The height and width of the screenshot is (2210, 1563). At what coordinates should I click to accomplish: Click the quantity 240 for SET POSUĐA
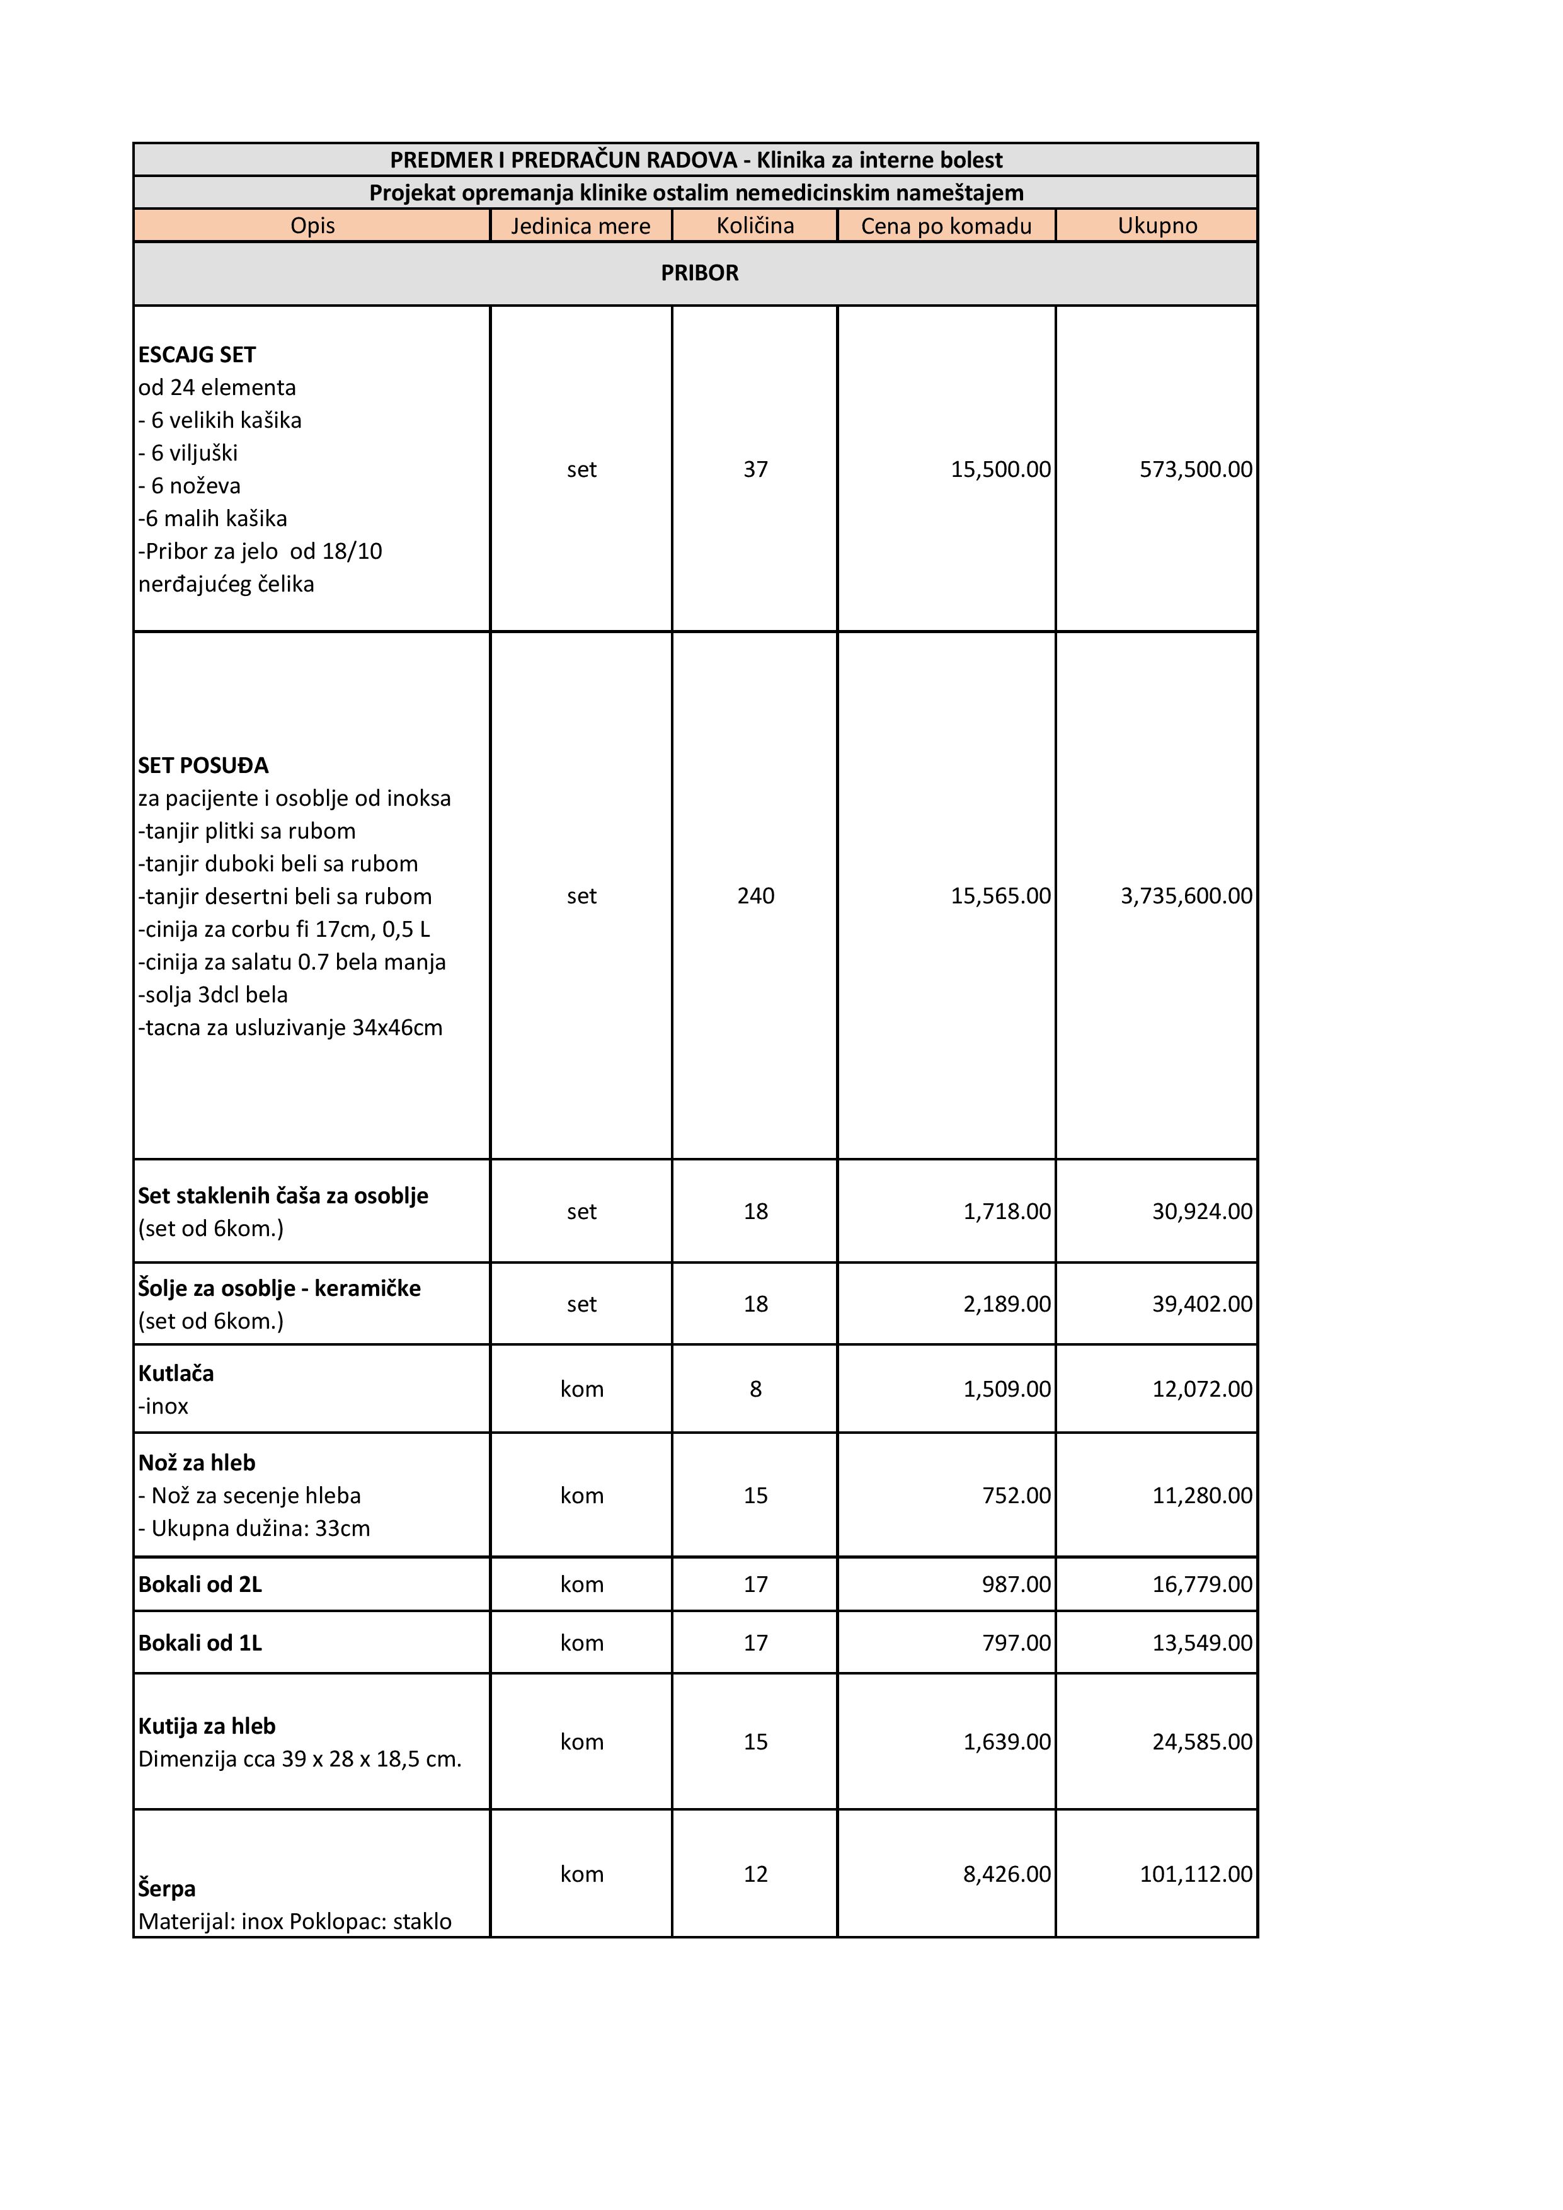tap(755, 896)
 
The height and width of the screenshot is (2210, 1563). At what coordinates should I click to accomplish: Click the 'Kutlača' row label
tap(176, 1373)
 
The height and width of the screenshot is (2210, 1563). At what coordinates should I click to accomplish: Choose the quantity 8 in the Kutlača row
tap(755, 1389)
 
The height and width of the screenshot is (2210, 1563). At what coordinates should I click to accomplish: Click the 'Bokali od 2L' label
tap(200, 1584)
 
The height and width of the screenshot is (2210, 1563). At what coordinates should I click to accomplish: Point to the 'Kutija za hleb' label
tap(207, 1726)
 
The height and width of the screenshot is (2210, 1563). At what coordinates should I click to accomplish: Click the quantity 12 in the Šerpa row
tap(755, 1874)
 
